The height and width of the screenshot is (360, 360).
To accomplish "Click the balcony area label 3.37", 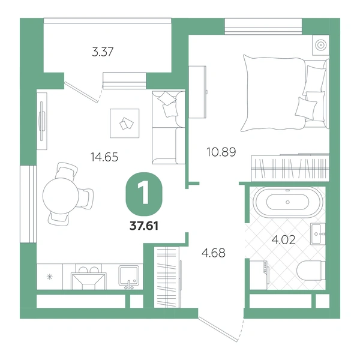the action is (103, 52).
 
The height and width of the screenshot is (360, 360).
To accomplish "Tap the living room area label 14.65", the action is (104, 157).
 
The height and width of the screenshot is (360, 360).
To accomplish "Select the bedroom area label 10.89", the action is (221, 152).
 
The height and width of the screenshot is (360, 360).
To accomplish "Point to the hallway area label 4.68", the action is (214, 253).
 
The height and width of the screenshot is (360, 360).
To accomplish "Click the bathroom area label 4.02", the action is (283, 240).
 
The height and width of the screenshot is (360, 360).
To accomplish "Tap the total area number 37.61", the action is (144, 226).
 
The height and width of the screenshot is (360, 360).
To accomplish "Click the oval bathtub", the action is (287, 202).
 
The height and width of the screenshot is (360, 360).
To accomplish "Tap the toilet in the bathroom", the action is (311, 271).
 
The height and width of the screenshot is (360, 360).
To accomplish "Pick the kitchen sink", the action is (128, 276).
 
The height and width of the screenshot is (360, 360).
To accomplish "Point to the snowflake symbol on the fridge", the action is (50, 277).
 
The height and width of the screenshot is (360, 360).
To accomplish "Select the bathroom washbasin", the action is (318, 234).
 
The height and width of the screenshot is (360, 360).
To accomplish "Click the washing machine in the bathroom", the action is (259, 275).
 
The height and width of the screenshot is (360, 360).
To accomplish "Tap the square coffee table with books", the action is (125, 123).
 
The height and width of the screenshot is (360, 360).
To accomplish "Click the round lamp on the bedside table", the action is (320, 45).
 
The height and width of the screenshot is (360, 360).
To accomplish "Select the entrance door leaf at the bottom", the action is (218, 329).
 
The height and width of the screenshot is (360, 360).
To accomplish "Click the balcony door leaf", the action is (80, 92).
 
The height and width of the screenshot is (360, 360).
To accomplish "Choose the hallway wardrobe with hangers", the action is (167, 277).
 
